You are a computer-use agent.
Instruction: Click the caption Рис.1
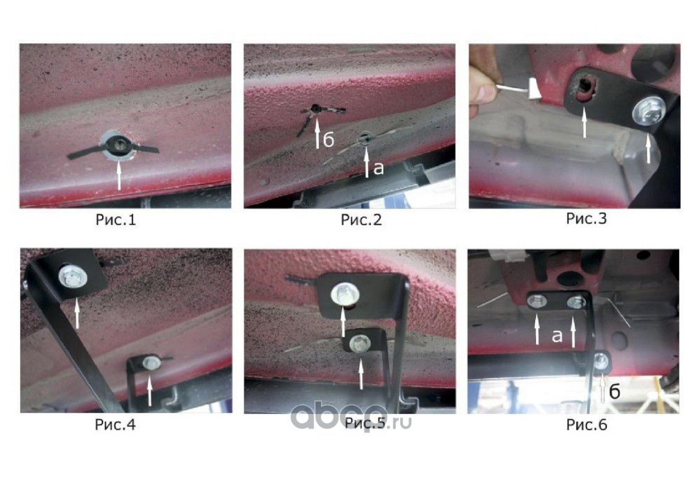[x=116, y=220]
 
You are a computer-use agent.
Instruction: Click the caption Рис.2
[x=361, y=220]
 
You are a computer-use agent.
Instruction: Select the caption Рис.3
[x=586, y=218]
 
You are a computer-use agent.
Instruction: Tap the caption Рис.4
[x=115, y=424]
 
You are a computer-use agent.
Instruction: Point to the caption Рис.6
[x=587, y=424]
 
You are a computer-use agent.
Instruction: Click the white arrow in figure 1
[x=118, y=176]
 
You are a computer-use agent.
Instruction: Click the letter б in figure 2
[x=328, y=140]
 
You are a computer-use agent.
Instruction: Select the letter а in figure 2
[x=378, y=168]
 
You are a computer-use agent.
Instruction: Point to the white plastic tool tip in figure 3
[x=534, y=88]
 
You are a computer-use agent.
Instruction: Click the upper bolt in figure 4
[x=73, y=277]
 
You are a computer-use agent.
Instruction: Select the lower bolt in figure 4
[x=152, y=363]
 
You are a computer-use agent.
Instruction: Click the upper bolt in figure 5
[x=344, y=295]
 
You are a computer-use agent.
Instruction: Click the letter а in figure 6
[x=557, y=335]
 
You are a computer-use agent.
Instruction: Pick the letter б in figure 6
[x=615, y=391]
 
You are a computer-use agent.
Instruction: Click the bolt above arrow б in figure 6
[x=601, y=361]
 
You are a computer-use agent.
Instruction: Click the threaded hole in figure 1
[x=119, y=144]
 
